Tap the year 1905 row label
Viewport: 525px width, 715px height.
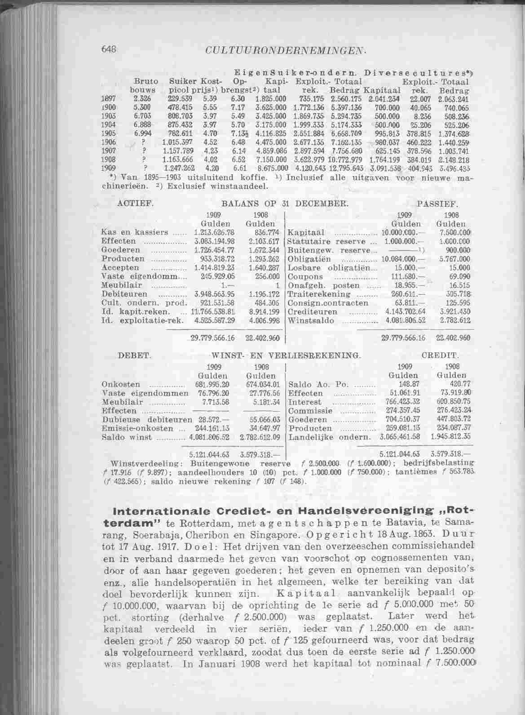[x=106, y=133]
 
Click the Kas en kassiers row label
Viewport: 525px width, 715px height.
[x=135, y=232]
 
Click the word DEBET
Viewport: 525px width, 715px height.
[x=133, y=355]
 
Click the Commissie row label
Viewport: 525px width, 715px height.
[x=310, y=411]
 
